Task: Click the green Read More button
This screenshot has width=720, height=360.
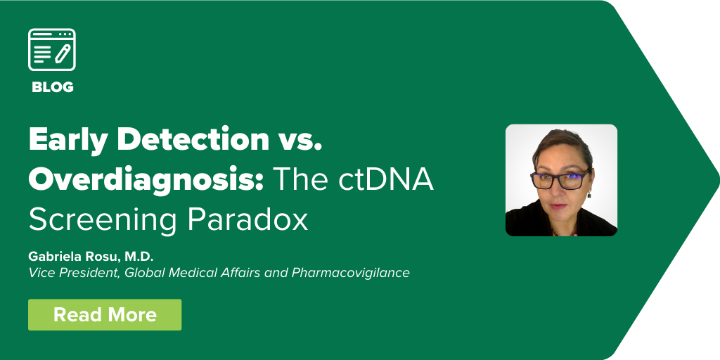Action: tap(105, 314)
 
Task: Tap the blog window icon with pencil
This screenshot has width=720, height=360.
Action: tap(52, 50)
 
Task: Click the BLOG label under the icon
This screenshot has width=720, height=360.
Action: tap(52, 86)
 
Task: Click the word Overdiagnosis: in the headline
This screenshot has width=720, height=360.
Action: tap(146, 180)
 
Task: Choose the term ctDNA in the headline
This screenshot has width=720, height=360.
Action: tap(386, 179)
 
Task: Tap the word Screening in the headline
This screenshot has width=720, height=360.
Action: tap(103, 220)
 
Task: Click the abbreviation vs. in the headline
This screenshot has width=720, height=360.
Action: tap(300, 140)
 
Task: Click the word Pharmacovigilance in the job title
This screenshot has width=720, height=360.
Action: tap(350, 272)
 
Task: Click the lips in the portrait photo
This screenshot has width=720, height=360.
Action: tap(558, 206)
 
